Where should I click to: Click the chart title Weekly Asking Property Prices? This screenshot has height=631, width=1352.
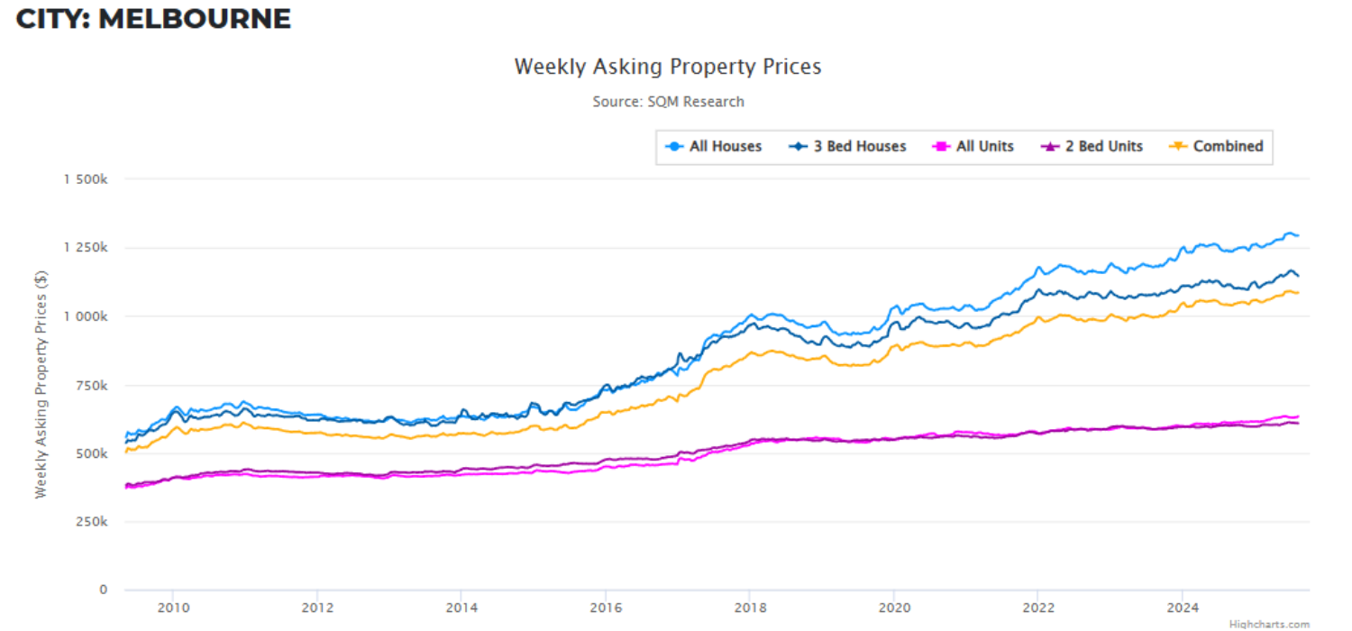point(667,67)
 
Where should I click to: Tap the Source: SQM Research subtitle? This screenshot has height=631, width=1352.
point(668,102)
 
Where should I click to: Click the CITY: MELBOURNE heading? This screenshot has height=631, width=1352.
point(153,18)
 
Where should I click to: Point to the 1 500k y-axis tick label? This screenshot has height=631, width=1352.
point(86,179)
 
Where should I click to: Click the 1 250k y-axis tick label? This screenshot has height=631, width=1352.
point(86,248)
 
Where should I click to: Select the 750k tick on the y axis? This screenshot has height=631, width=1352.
point(91,385)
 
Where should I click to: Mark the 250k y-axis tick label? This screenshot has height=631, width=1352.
point(91,522)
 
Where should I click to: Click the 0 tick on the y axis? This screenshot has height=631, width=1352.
point(104,590)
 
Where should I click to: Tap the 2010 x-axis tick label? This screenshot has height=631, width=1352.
point(173,608)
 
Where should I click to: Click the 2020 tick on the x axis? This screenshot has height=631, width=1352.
point(893,608)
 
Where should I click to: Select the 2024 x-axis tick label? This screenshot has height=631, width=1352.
point(1183,608)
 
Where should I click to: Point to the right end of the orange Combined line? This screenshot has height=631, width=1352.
point(1297,292)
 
